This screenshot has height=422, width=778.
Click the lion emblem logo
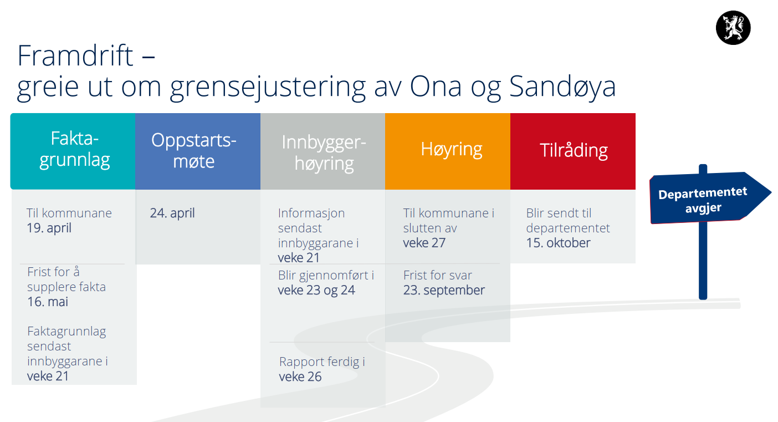(x=733, y=28)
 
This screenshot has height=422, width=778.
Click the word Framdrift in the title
(x=75, y=55)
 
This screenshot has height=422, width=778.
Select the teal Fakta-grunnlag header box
(x=73, y=151)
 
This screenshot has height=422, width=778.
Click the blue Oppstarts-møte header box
(x=198, y=151)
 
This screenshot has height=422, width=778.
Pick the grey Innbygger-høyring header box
(x=323, y=151)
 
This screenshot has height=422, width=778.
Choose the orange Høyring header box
(x=448, y=151)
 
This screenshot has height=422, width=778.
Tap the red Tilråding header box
(x=573, y=151)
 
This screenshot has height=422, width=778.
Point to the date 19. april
(x=49, y=228)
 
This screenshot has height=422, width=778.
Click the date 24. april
(x=172, y=213)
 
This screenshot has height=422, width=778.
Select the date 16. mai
(x=48, y=302)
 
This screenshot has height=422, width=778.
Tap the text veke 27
(x=424, y=243)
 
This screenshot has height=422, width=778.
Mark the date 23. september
(x=444, y=290)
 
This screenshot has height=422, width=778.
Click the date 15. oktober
(x=558, y=243)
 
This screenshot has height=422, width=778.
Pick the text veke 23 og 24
(x=316, y=290)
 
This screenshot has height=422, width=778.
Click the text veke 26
(x=300, y=377)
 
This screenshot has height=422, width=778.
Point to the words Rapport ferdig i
(x=322, y=362)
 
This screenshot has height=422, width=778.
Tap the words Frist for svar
(x=438, y=275)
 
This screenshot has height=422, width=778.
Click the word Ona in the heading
(x=436, y=86)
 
